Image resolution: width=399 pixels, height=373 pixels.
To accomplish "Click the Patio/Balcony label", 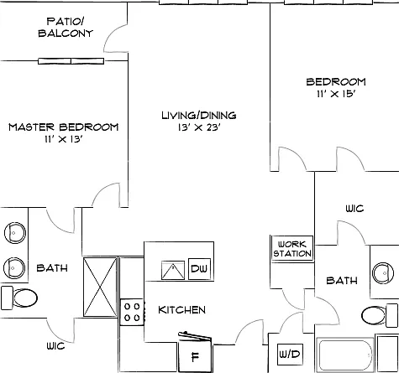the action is point(66,27).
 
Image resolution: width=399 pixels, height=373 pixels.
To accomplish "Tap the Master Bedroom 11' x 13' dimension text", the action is point(63,139).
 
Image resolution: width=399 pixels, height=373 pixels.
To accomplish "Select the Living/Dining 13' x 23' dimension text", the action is point(199,127).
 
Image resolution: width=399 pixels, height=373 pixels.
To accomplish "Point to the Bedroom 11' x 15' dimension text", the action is point(336,94).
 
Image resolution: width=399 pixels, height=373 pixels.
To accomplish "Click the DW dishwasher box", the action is point(199,269).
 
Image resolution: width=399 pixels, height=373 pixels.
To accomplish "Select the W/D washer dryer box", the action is point(290,355).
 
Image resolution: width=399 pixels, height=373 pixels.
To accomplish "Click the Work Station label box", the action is point(292,249).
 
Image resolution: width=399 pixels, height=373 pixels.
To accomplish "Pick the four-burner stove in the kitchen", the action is point(132,312).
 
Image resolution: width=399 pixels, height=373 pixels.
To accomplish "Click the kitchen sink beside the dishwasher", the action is point(173,270).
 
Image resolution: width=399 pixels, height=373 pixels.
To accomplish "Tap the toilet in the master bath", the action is point(19,298).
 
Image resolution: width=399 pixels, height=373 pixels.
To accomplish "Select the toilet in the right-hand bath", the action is point(380,315).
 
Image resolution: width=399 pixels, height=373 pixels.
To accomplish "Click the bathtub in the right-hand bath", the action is point(345,355).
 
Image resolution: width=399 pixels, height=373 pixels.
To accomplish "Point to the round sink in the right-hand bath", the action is point(383,272).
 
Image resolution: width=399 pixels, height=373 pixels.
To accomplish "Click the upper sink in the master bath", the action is point(15,233).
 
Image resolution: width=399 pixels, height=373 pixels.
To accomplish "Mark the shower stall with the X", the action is point(100,288).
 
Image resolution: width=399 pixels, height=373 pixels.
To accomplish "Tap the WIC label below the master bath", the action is point(55,346).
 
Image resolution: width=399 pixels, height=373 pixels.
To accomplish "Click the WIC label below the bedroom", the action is point(354,209).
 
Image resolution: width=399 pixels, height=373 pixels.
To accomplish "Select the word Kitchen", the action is point(181,310).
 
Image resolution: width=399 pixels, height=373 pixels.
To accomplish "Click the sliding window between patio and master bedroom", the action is point(71,61).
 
